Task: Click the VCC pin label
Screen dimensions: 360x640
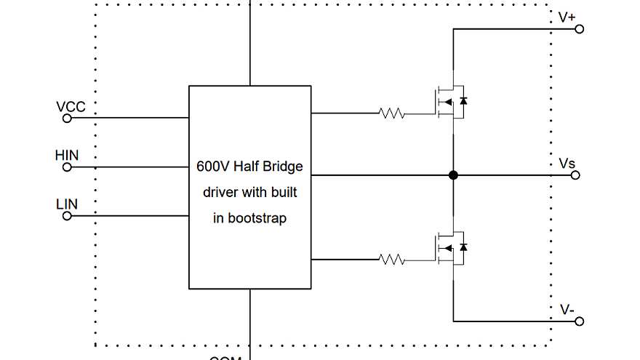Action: [71, 107]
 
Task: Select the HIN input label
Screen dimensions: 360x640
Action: [67, 156]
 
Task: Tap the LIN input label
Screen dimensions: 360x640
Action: [67, 204]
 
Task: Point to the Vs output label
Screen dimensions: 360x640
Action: [567, 164]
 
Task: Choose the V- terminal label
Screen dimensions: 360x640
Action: [567, 310]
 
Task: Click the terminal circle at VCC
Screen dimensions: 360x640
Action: [67, 118]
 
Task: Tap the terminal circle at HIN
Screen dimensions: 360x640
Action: [67, 167]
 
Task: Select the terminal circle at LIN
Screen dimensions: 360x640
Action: [67, 216]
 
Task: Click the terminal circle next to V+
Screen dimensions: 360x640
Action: [580, 29]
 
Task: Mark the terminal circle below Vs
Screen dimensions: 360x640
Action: [575, 175]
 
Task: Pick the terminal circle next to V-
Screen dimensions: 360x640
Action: [580, 321]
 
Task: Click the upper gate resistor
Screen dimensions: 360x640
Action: [391, 113]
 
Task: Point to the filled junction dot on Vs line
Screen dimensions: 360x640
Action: [453, 175]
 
